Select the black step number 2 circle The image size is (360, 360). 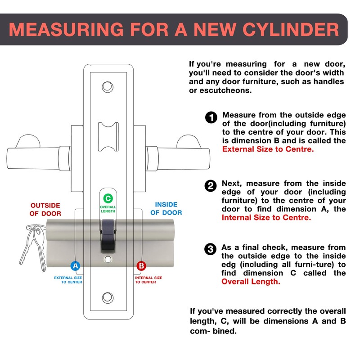(210, 186)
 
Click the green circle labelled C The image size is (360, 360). (108, 198)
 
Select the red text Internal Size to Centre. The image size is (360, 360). (266, 217)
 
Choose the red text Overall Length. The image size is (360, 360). (251, 281)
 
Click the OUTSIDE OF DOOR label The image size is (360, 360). (45, 209)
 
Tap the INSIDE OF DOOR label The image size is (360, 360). (166, 208)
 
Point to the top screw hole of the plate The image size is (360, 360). (108, 85)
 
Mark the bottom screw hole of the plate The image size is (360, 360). (108, 297)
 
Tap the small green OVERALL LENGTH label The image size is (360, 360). (108, 209)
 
